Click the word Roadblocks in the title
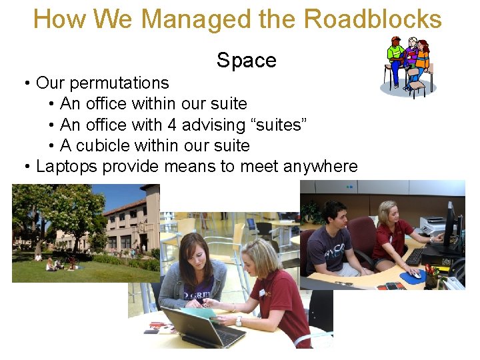click(373, 19)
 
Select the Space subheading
click(246, 61)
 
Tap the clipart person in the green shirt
click(396, 53)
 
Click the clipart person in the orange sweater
click(422, 57)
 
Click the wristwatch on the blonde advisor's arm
click(238, 321)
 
